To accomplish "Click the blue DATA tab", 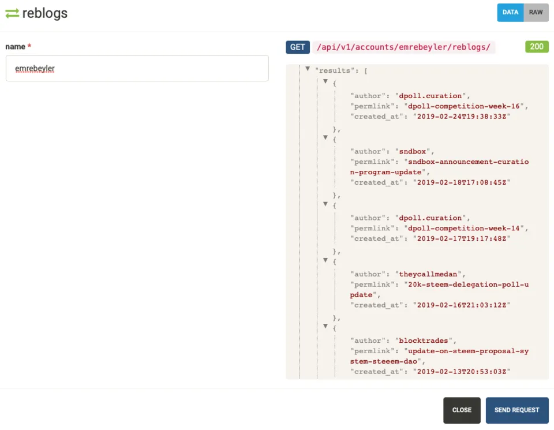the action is tap(510, 12).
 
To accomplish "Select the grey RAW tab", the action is tap(536, 12).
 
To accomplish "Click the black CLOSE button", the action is tap(462, 410).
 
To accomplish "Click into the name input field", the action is tap(137, 68).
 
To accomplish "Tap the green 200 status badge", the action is tap(537, 47).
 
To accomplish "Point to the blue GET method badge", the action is tap(298, 47).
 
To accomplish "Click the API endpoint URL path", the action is tap(403, 47).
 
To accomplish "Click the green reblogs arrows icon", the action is tap(12, 13).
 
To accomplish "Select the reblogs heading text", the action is tap(45, 13).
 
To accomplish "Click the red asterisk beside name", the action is tap(29, 46).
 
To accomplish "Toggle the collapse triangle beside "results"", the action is tap(308, 69).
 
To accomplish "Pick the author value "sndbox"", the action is tap(412, 151).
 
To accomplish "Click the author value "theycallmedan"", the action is tap(428, 274).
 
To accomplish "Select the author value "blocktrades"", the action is tap(423, 341).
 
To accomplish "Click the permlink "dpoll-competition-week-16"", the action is tap(464, 106).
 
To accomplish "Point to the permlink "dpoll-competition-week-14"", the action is tap(464, 228).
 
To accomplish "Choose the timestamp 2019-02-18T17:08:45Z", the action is tap(462, 182).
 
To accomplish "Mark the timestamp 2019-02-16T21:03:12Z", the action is tap(462, 305).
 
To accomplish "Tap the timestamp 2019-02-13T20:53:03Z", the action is tap(462, 371).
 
